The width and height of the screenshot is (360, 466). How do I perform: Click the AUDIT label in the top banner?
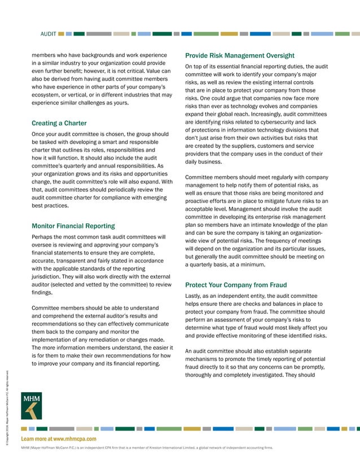[48, 34]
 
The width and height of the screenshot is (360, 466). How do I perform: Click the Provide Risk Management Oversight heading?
[240, 55]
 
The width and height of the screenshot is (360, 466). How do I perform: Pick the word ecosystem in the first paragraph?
[49, 95]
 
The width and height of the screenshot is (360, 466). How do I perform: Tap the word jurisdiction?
[50, 278]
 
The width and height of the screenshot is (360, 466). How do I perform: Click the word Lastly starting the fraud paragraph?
[195, 296]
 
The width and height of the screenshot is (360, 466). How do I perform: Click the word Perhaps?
[45, 237]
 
